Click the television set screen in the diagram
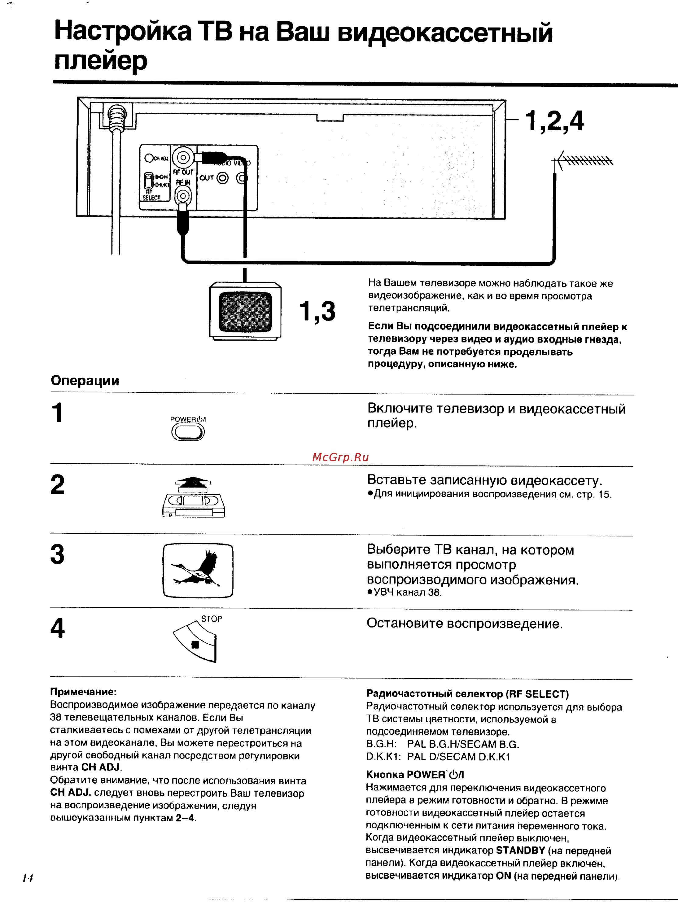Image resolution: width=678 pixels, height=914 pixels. (245, 312)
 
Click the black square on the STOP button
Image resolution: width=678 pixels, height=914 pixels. (195, 645)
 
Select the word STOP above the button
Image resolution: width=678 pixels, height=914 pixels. (211, 619)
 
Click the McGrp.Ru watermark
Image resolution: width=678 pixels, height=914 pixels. (340, 457)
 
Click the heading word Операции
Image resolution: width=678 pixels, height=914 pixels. (85, 381)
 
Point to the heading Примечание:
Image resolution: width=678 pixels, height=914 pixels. (83, 692)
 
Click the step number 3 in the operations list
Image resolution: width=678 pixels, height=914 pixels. (58, 554)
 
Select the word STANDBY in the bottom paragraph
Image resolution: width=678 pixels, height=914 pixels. (520, 850)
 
